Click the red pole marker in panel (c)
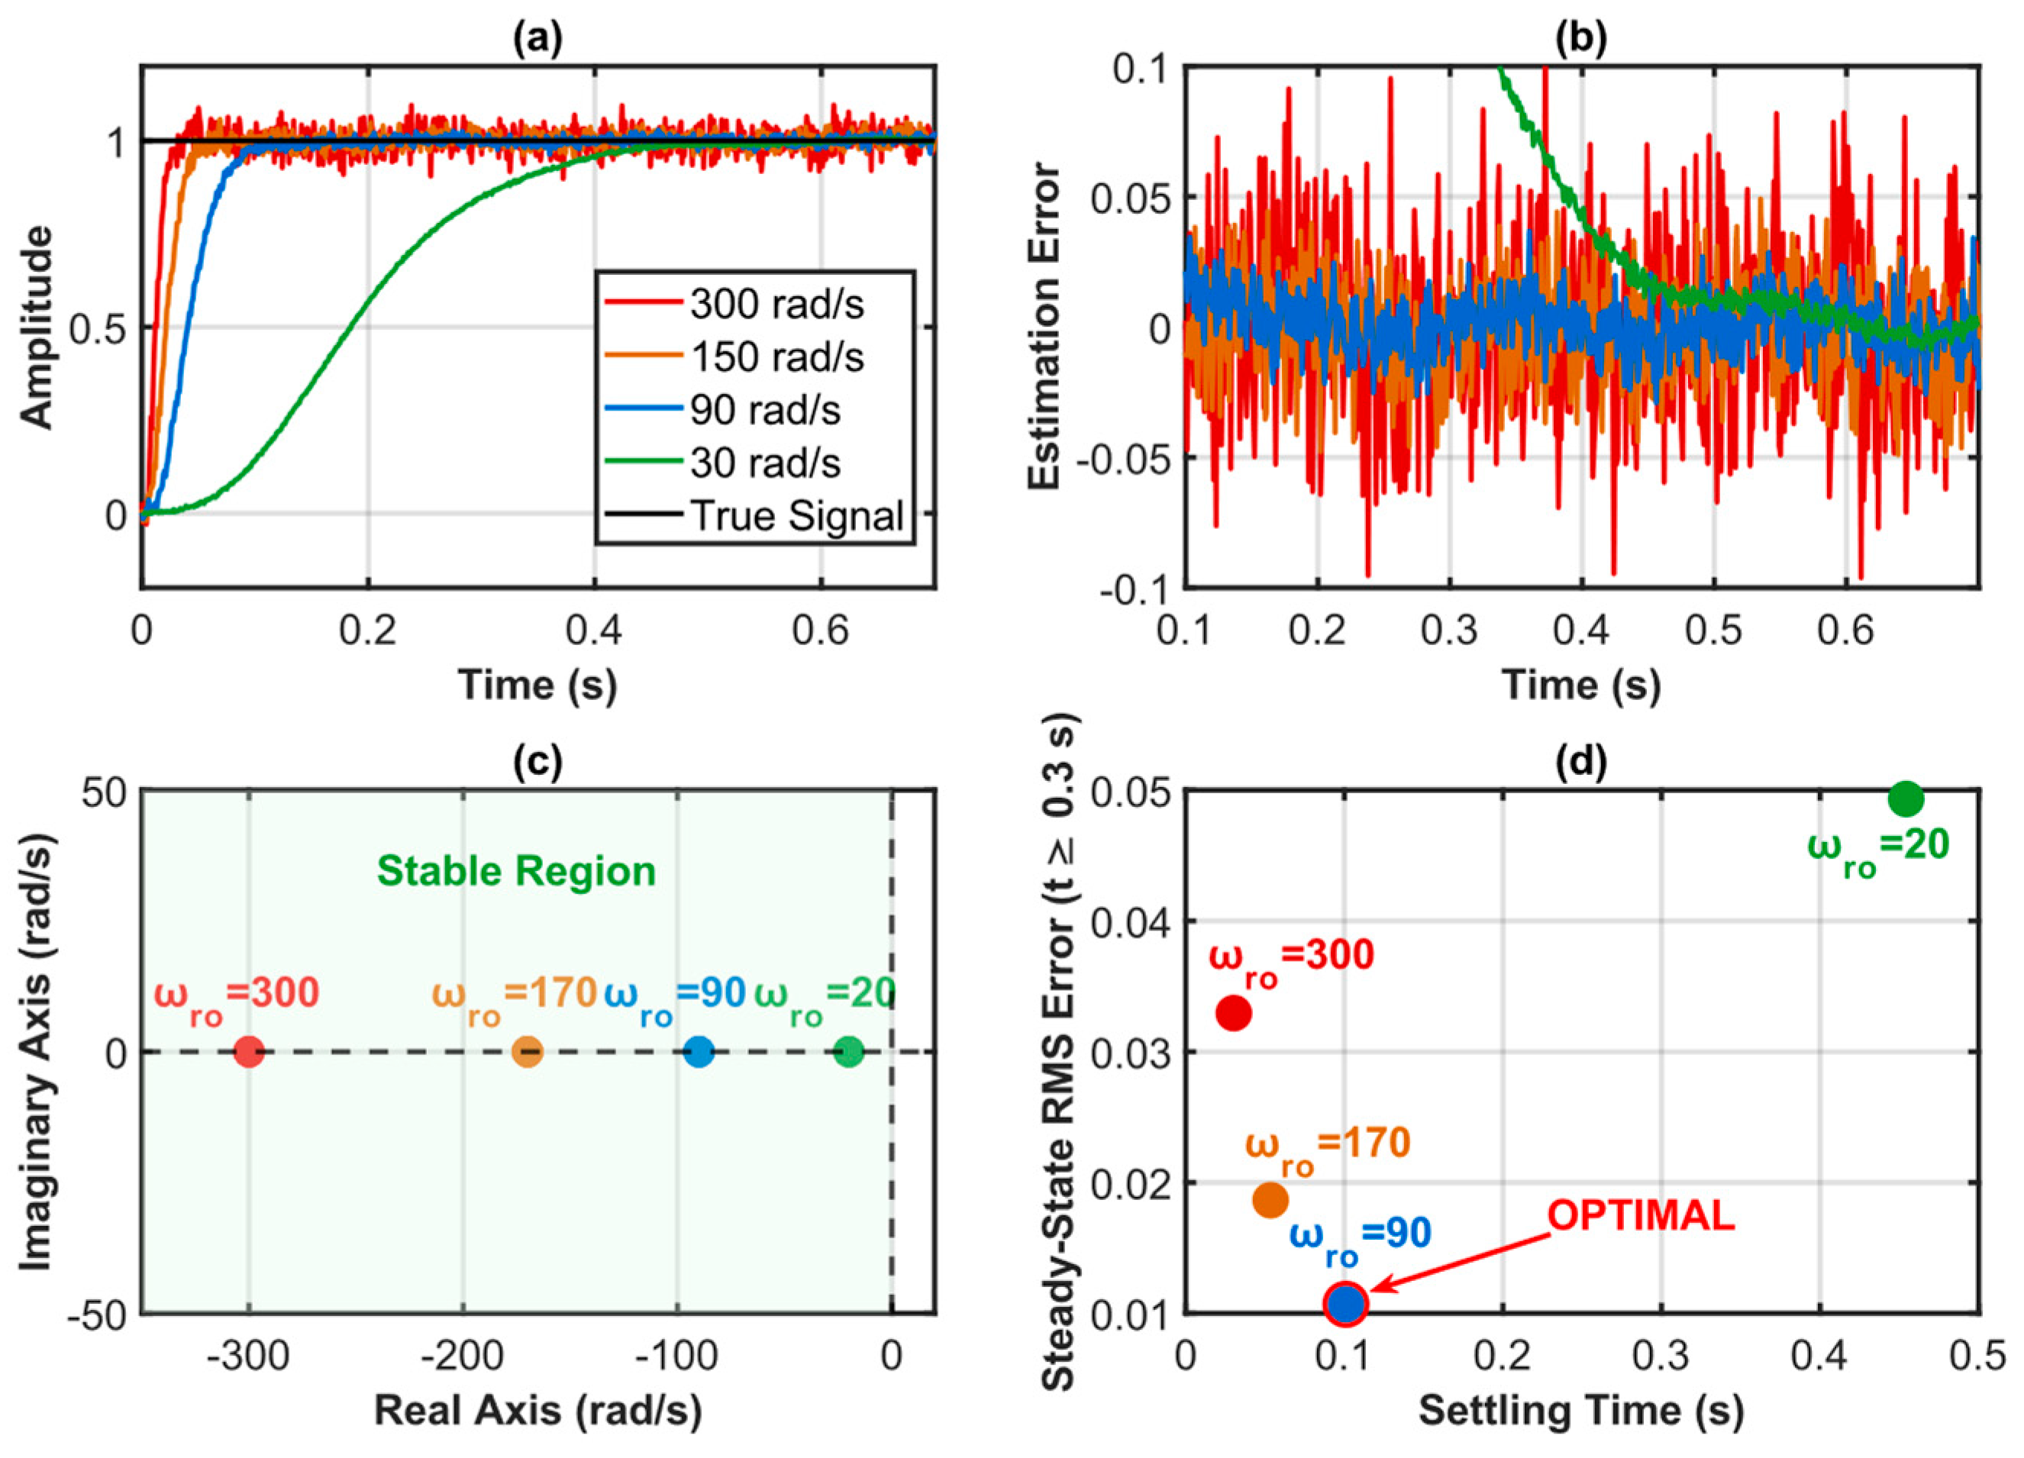coord(249,1052)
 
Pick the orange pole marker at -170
coord(528,1052)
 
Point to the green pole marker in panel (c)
coord(849,1052)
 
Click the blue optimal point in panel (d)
coord(1346,1303)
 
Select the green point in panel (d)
coord(1906,798)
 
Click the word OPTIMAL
coord(1640,1216)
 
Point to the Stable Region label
coord(516,871)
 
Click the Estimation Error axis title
coord(1045,327)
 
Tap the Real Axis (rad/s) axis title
coord(537,1410)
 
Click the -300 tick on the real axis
coord(247,1357)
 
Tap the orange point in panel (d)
coord(1270,1200)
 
